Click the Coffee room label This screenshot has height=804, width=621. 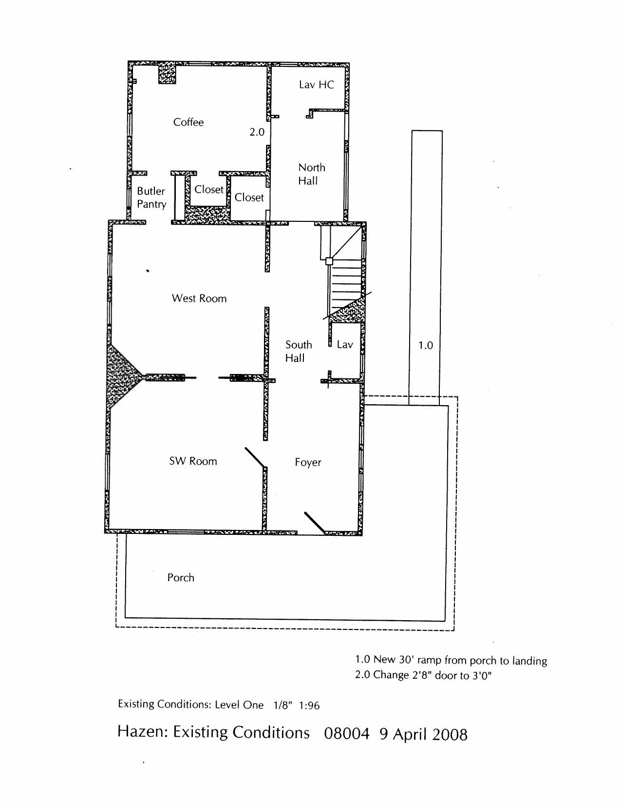coord(188,122)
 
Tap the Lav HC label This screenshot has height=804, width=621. coord(316,85)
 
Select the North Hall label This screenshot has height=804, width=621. coord(311,174)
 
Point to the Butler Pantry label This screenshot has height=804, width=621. coord(151,197)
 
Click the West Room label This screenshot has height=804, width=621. coord(199,298)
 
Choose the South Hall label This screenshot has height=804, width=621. coord(298,351)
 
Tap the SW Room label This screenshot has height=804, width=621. coord(193,461)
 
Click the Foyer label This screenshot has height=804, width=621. coord(308,463)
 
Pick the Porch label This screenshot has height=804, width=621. coord(181,578)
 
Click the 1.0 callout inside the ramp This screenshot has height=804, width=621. coord(426,346)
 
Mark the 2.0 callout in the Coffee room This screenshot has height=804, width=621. coord(257,132)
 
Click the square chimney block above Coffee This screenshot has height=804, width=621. coord(167,73)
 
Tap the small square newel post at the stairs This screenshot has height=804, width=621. coord(329,261)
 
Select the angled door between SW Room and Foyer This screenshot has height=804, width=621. coord(255,457)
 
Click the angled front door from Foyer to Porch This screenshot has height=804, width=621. coord(314,523)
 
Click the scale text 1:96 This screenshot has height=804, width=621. coord(309,705)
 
